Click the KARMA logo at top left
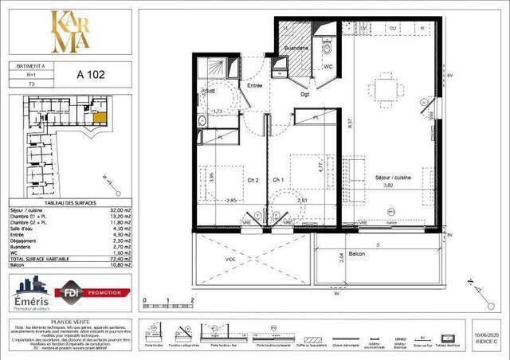click(69, 31)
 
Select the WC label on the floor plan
click(328, 67)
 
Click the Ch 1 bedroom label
click(279, 178)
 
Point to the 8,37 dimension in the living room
click(350, 123)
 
